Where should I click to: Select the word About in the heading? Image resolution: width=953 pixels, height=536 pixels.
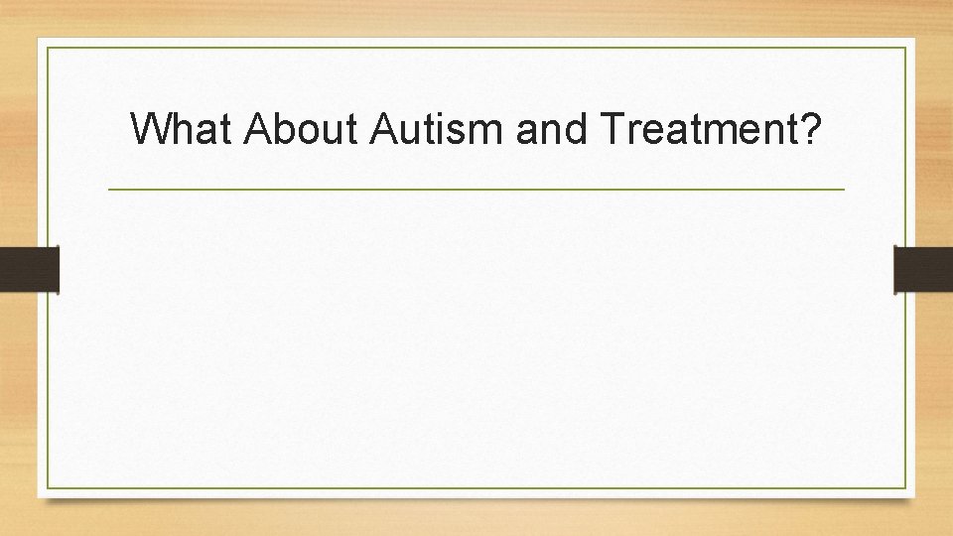[x=299, y=128]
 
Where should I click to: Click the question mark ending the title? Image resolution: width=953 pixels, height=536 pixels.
[x=810, y=128]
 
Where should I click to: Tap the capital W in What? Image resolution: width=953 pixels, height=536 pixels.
[x=150, y=128]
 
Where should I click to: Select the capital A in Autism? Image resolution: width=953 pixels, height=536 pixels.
[x=385, y=128]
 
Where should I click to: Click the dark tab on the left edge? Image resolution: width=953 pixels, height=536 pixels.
[x=29, y=269]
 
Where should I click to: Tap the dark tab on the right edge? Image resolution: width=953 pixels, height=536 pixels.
[x=923, y=269]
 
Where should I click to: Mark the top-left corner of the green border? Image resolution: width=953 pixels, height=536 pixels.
[x=47, y=47]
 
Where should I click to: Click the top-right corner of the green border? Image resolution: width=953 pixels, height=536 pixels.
[x=906, y=47]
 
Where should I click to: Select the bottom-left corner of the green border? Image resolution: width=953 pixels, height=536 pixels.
[x=47, y=488]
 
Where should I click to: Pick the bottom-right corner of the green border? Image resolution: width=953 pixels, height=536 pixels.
[x=906, y=488]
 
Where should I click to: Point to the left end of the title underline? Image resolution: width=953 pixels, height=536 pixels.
[x=108, y=189]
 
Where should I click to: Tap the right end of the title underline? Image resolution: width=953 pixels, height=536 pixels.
[x=845, y=189]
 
